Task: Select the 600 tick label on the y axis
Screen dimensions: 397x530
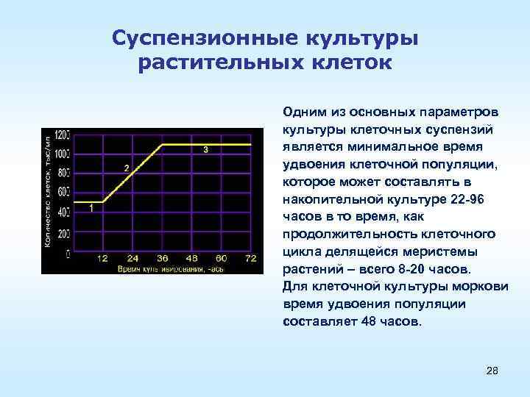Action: point(63,192)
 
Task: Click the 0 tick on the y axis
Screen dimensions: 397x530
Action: point(68,252)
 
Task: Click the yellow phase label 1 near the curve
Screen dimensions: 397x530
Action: point(91,209)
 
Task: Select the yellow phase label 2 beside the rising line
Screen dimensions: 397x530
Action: point(126,168)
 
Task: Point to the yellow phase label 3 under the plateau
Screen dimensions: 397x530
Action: point(205,150)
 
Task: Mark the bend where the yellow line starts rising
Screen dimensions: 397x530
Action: point(103,201)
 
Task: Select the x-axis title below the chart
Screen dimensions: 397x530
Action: point(169,270)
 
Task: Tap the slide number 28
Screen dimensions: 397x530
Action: point(492,371)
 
